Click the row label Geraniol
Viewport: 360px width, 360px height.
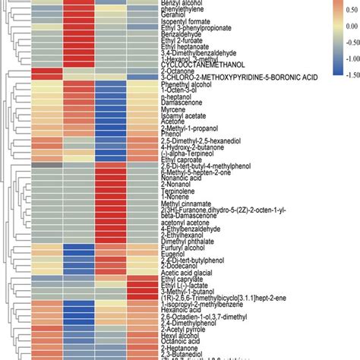click(x=174, y=15)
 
